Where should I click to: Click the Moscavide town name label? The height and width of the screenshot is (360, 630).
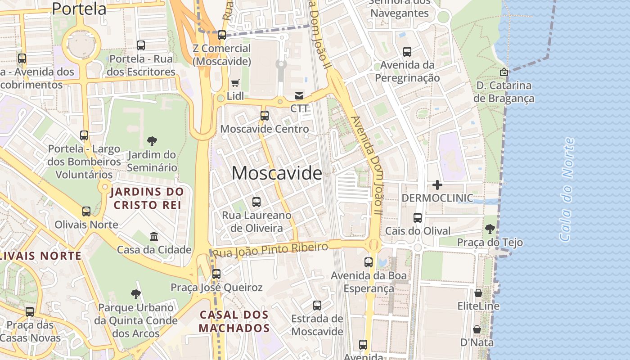coord(276,173)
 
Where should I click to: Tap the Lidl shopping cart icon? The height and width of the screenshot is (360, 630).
coord(235,83)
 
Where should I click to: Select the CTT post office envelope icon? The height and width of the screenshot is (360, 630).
coord(299,95)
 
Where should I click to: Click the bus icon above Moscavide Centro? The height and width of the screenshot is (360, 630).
coord(265,116)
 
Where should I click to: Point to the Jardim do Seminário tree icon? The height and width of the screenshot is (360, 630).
coord(152,141)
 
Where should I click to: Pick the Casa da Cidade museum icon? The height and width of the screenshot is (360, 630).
coord(154,236)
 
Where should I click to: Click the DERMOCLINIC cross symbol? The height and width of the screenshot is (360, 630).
coord(437,184)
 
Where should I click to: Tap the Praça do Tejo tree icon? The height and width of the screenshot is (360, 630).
coord(490,229)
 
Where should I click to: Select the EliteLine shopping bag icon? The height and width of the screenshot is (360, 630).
coord(478,293)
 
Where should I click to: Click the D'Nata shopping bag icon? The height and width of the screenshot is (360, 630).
coord(477,329)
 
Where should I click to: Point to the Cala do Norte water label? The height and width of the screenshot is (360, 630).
coord(567,189)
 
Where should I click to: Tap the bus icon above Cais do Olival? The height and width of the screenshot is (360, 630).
coord(418,218)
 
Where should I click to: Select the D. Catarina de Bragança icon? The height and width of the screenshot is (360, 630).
coord(504,72)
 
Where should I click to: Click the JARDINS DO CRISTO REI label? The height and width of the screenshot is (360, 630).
coord(147,198)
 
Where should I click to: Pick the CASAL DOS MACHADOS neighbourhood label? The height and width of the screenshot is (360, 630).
coord(234,321)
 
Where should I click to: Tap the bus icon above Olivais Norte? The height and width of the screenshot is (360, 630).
coord(86,211)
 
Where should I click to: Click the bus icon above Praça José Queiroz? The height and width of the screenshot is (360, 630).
coord(216,274)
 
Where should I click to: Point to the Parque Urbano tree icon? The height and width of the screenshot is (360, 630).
coord(135,294)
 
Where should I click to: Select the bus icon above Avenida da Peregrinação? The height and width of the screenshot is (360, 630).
coord(407,52)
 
